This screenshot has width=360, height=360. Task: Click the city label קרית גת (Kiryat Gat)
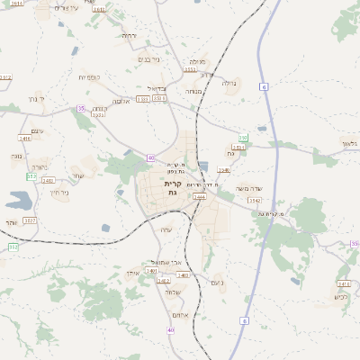tap(174, 188)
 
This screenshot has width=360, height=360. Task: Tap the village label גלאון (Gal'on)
tap(349, 142)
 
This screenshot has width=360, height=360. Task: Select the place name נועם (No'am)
tap(216, 283)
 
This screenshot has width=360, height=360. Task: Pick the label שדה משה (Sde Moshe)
tap(248, 187)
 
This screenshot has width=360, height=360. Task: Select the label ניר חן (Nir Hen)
tap(58, 191)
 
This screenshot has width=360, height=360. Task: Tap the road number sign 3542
tap(255, 201)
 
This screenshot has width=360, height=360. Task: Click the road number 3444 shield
tap(199, 196)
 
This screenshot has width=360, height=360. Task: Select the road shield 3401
tap(152, 271)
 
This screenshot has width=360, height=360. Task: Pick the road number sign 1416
tap(25, 139)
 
